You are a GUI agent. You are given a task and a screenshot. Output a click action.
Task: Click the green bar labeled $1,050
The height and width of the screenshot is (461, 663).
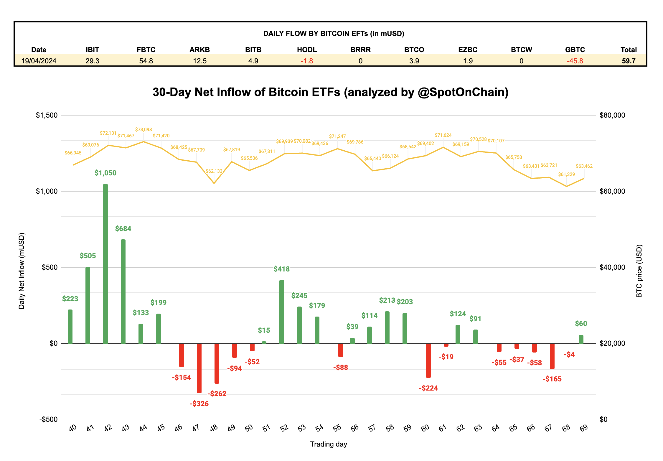point(105,264)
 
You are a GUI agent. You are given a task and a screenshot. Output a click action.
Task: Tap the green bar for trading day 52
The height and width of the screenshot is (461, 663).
point(282,312)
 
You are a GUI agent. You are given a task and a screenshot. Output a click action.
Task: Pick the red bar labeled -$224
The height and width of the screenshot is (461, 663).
point(428,360)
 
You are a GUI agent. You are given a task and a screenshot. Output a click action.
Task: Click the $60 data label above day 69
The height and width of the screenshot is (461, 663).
point(581,324)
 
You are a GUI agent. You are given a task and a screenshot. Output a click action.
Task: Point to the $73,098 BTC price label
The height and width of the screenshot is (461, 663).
point(144,130)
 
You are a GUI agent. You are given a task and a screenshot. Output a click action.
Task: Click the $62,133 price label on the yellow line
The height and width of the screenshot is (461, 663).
point(214,171)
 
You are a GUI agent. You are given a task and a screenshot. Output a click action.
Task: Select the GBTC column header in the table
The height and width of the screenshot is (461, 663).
point(575,50)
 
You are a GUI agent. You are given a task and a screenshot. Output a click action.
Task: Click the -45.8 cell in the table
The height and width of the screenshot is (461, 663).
point(575,61)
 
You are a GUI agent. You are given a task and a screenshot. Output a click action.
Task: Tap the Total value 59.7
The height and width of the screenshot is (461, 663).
point(629,61)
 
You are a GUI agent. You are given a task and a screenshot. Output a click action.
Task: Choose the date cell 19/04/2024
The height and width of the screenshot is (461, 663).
point(39,61)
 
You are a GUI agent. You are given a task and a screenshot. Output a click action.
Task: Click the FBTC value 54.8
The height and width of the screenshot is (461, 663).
point(146,61)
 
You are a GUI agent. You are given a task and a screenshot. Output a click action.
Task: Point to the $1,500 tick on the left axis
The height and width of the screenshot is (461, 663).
point(47,115)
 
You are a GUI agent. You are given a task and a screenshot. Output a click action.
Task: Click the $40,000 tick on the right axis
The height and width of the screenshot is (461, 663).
point(612,267)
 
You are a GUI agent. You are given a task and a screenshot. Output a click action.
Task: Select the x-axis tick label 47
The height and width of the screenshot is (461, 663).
point(196,428)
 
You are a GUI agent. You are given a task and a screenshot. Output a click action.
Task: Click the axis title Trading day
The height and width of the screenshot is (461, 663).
point(329,444)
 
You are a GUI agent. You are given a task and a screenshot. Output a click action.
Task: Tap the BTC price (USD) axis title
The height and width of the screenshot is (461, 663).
point(639,271)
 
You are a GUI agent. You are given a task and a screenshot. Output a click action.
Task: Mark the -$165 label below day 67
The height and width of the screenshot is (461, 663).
point(552,379)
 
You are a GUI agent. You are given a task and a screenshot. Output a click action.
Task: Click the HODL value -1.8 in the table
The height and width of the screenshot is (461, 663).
point(307,61)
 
